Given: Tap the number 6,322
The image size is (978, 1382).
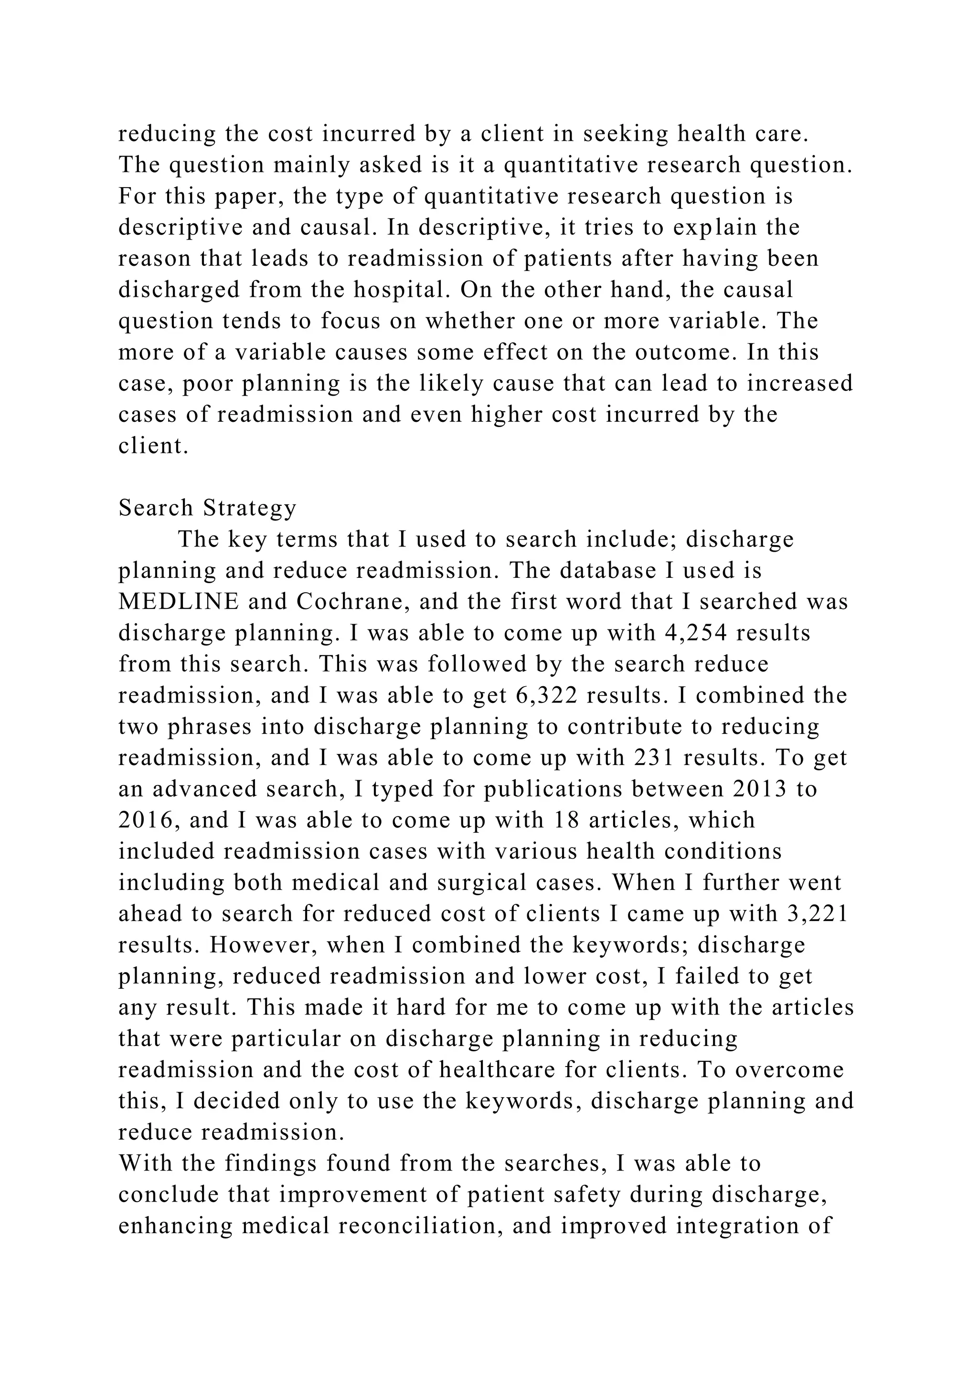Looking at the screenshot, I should (547, 696).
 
